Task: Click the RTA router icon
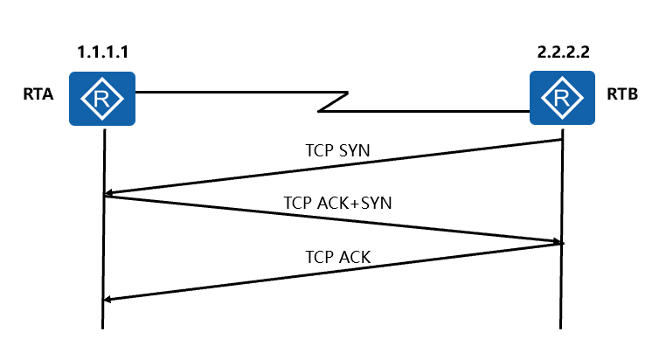pyautogui.click(x=103, y=98)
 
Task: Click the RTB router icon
pyautogui.click(x=560, y=98)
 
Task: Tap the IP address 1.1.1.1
pyautogui.click(x=103, y=53)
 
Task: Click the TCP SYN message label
pyautogui.click(x=336, y=150)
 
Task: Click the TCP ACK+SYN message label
pyautogui.click(x=338, y=203)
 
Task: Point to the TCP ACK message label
pyautogui.click(x=338, y=257)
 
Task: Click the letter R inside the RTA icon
pyautogui.click(x=103, y=99)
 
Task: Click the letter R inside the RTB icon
pyautogui.click(x=560, y=99)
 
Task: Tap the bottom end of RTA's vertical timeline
pyautogui.click(x=103, y=327)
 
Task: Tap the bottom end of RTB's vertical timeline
pyautogui.click(x=560, y=327)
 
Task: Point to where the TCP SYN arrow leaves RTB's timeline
pyautogui.click(x=559, y=140)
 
